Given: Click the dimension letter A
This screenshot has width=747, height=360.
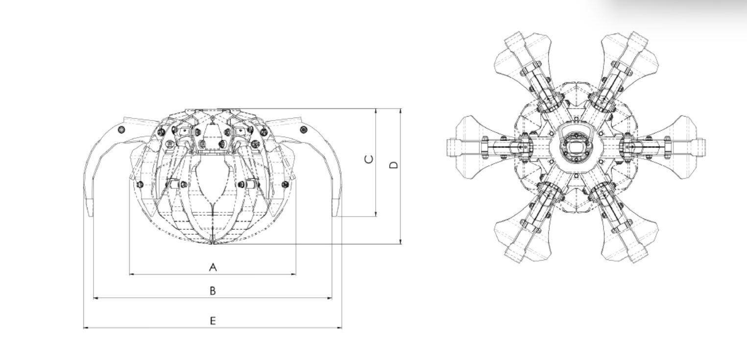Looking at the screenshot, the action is [x=213, y=267].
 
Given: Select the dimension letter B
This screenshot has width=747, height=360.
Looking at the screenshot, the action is [x=213, y=290].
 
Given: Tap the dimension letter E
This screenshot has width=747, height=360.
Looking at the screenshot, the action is [x=213, y=321].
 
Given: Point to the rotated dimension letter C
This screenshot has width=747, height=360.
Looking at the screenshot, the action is [x=369, y=160].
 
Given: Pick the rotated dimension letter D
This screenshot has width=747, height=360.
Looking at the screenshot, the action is [x=394, y=165].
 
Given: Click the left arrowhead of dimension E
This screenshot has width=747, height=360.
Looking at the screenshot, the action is [x=86, y=328].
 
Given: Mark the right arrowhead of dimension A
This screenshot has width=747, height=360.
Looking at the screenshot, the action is [x=293, y=274].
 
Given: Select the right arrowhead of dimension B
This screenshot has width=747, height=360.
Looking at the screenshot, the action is [x=330, y=298].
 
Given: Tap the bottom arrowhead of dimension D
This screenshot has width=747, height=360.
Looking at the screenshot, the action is [x=401, y=241].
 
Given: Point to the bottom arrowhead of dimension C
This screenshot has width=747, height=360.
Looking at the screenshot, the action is [x=376, y=214].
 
